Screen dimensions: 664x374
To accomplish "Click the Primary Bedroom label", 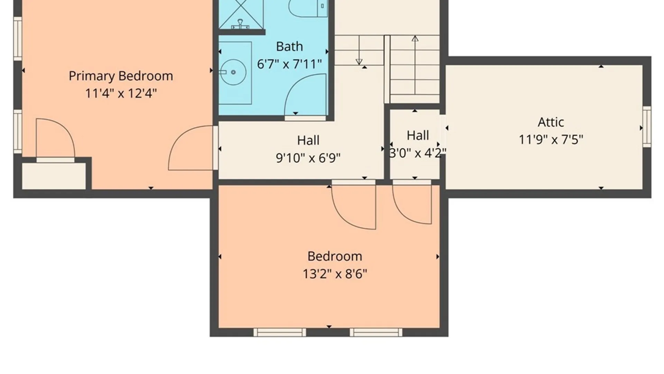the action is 121,76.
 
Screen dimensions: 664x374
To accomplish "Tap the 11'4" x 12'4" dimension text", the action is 121,93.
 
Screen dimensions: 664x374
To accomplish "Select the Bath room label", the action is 289,46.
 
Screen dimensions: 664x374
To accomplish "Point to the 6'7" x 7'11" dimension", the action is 289,64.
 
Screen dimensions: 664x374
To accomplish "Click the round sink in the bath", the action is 233,72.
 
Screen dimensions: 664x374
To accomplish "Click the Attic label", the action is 551,122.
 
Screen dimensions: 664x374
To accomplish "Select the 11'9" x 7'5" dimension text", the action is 551,140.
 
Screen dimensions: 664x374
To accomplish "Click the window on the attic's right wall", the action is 647,127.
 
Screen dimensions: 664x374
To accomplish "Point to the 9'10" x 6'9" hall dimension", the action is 308,158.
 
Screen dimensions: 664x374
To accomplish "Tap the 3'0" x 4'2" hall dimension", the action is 418,153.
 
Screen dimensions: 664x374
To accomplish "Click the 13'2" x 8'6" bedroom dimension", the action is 335,274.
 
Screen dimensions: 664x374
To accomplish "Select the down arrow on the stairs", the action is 359,50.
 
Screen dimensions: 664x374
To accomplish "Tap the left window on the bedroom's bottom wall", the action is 280,332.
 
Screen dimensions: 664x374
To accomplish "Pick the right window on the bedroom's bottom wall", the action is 376,332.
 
